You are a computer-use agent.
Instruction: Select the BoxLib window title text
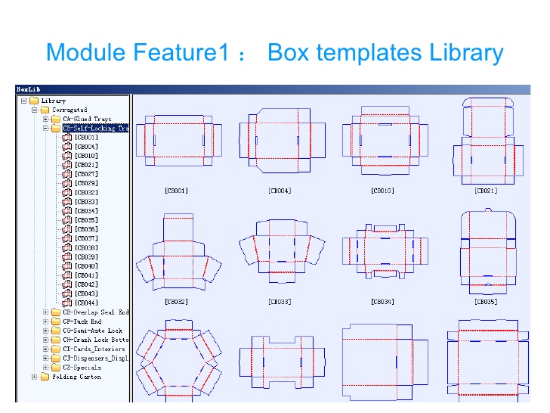click(29, 88)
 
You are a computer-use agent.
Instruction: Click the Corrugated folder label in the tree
click(70, 110)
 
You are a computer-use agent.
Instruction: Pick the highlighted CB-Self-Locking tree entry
click(94, 129)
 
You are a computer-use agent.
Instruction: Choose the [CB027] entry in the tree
click(86, 174)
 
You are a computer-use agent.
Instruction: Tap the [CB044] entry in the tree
click(86, 303)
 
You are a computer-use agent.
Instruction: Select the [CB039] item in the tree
click(86, 256)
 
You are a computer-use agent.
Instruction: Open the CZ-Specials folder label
click(82, 368)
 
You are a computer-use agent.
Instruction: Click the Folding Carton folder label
click(76, 377)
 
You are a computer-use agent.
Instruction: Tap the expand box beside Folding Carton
click(35, 377)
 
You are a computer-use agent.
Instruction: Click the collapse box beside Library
click(24, 101)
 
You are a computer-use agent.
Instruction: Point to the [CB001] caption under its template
click(176, 191)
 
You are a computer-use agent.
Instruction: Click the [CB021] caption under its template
click(486, 191)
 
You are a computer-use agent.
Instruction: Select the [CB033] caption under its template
click(280, 301)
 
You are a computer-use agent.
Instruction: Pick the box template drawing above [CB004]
click(280, 140)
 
